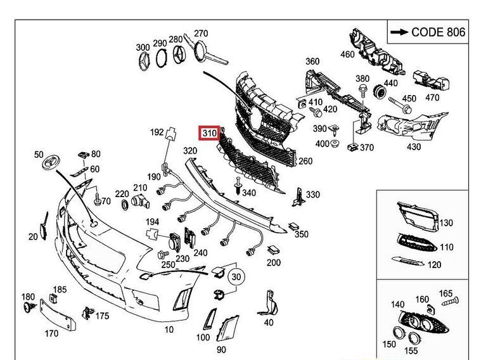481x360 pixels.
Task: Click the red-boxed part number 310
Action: coord(209,134)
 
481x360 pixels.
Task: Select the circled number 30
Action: coord(236,277)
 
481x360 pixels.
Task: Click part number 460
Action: coord(347,54)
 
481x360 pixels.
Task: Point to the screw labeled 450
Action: coord(395,100)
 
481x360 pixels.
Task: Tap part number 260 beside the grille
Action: coord(305,161)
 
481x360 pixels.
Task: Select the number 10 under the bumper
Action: coord(169,330)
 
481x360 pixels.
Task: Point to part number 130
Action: coord(447,223)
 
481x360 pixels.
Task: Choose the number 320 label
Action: coord(190,151)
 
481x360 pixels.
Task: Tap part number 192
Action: coord(157,133)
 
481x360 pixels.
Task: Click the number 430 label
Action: coord(413,146)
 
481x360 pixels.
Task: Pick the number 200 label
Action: coord(273,262)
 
